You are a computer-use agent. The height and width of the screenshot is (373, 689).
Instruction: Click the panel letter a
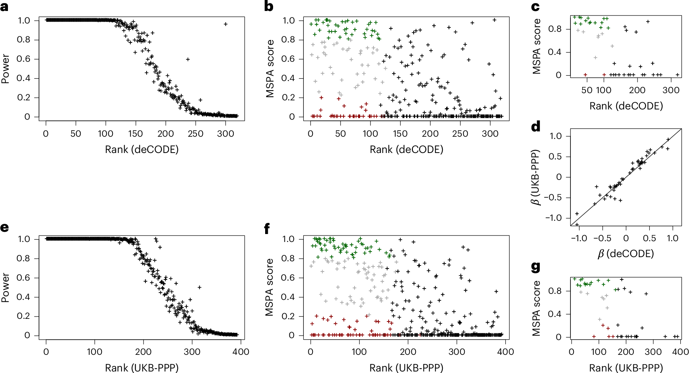tap(5, 7)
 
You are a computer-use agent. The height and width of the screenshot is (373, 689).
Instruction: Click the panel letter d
tap(536, 126)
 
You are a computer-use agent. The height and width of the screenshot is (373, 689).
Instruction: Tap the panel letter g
tap(536, 267)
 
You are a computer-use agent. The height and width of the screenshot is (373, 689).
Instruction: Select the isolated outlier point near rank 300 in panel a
tap(226, 24)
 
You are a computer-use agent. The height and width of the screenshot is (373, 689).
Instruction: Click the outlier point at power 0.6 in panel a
tap(187, 59)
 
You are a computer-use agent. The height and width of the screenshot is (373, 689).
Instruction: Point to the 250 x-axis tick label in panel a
tap(195, 134)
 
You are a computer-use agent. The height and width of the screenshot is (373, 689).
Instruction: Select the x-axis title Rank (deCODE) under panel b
tap(406, 149)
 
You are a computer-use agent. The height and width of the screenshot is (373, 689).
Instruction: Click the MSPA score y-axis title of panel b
tap(270, 69)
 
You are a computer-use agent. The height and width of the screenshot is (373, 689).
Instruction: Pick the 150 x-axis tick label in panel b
tap(400, 134)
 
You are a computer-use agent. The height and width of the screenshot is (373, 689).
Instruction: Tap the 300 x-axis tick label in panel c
tap(671, 90)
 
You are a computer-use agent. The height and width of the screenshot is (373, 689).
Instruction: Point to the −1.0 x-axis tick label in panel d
tap(579, 238)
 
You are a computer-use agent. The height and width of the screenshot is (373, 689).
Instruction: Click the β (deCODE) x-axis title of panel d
tap(626, 253)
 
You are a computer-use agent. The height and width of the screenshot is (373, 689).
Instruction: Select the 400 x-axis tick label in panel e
tap(241, 352)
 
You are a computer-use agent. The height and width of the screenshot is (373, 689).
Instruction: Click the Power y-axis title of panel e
tap(5, 287)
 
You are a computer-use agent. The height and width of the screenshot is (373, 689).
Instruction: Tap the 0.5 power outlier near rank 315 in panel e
tap(200, 287)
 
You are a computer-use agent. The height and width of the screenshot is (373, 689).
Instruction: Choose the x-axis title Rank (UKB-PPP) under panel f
tap(406, 368)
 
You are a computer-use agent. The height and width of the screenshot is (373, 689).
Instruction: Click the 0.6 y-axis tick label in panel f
tap(289, 278)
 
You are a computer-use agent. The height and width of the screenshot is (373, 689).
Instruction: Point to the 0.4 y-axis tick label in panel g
tap(555, 314)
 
